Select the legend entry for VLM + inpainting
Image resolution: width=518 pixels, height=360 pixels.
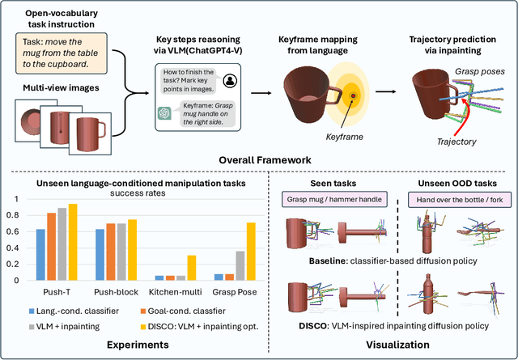click(x=72, y=327)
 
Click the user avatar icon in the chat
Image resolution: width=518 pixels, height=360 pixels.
click(x=230, y=79)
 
